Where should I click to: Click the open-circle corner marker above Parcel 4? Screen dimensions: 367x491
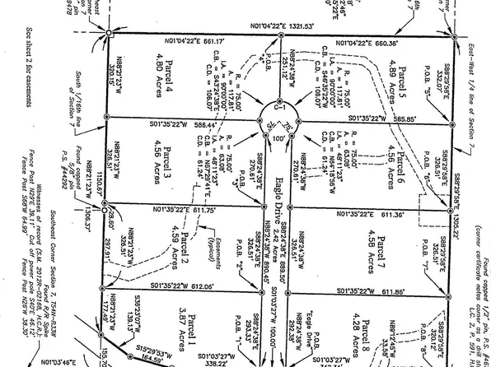pyautogui.click(x=110, y=33)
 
